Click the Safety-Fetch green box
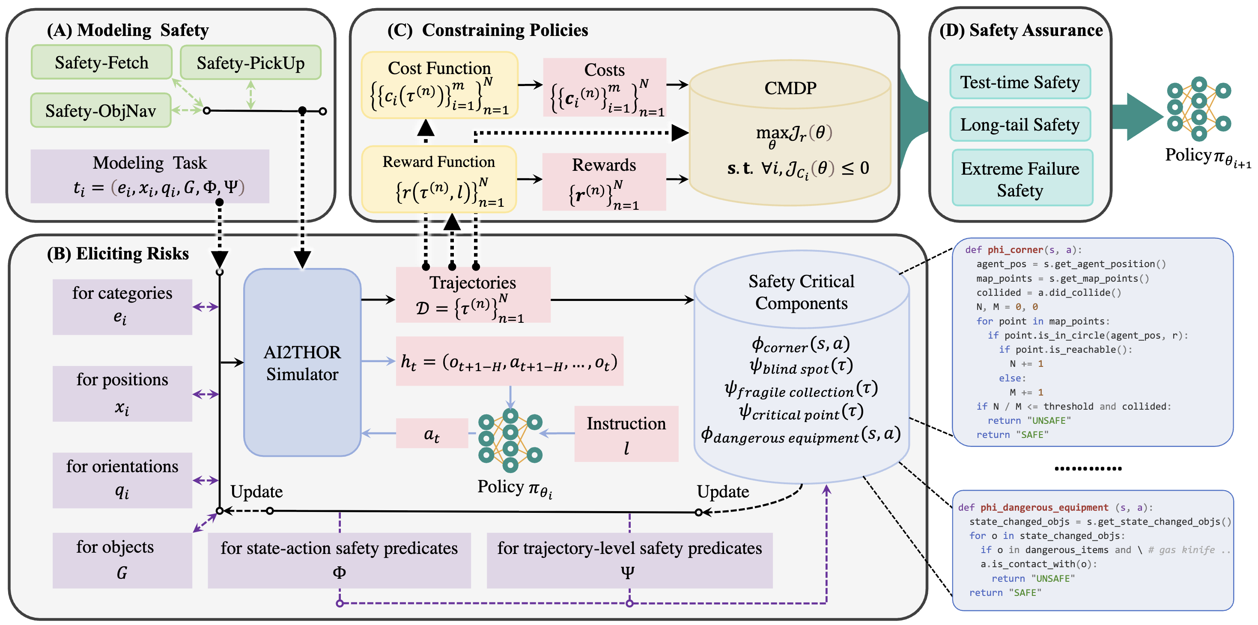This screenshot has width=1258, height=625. click(x=101, y=62)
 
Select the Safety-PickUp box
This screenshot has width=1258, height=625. click(x=250, y=62)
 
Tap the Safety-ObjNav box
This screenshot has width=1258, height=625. click(x=101, y=110)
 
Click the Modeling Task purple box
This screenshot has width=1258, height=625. click(x=149, y=176)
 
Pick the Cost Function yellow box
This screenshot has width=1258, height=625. click(x=439, y=86)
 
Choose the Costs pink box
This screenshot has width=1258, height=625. click(x=605, y=87)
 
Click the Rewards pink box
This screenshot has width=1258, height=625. click(x=604, y=182)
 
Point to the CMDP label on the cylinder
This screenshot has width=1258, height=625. click(x=790, y=88)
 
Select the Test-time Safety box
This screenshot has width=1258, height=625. click(x=1020, y=82)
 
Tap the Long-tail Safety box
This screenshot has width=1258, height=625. click(x=1020, y=125)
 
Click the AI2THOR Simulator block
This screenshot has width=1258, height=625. click(x=302, y=363)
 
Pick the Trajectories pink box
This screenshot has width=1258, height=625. click(x=473, y=295)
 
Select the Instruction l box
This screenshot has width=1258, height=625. click(x=626, y=434)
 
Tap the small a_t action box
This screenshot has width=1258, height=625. click(x=432, y=434)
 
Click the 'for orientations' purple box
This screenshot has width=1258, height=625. click(x=122, y=479)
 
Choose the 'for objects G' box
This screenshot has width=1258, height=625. click(x=122, y=560)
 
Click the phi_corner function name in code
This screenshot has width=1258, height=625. click(x=1015, y=250)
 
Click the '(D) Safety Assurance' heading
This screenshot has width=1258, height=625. click(x=1021, y=30)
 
